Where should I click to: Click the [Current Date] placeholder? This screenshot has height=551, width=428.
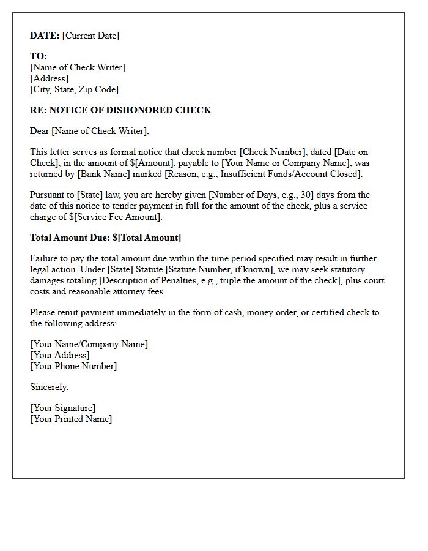coord(91,36)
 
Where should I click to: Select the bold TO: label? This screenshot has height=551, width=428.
coord(39,56)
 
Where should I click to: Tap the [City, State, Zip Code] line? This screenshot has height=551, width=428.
coord(74,89)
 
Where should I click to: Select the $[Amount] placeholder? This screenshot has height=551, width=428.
coord(151,163)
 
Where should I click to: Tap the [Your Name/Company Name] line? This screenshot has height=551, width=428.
coord(89,344)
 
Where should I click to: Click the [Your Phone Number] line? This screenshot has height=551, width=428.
coord(73,366)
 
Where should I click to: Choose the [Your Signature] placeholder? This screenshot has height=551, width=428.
coord(62,408)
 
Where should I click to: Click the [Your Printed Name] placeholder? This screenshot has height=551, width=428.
coord(71,419)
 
